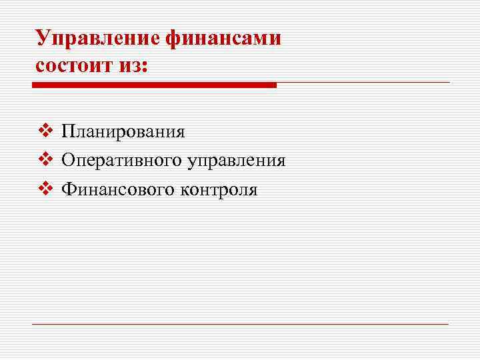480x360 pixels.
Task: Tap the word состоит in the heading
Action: tap(75, 66)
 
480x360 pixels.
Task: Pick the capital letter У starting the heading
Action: tap(43, 37)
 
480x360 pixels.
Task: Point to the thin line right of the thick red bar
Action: tap(363, 83)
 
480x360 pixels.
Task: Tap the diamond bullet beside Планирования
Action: tap(45, 129)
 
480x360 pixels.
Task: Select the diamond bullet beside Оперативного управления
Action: tap(45, 159)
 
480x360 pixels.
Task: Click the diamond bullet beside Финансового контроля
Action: tap(45, 189)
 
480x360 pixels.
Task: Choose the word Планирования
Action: tap(123, 131)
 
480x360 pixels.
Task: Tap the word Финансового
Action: tap(117, 190)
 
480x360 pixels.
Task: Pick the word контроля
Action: tap(218, 191)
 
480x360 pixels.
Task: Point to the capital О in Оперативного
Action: tap(68, 160)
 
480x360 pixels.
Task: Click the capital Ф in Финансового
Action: tap(69, 190)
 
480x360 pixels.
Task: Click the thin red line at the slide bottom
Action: tap(240, 324)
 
